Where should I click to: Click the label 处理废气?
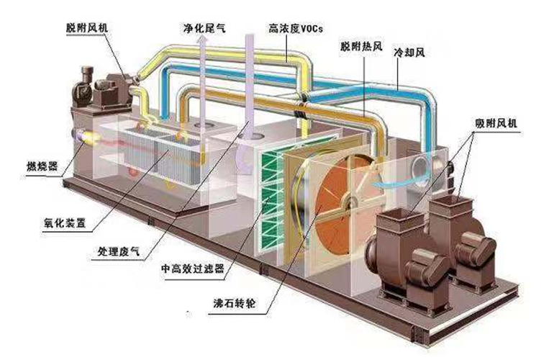coord(118,252)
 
